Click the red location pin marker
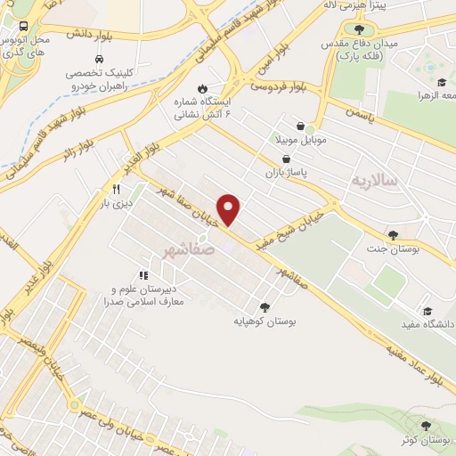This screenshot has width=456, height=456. pos(230,209)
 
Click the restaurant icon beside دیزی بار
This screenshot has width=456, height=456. pos(115,189)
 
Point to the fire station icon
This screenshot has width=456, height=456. pos(203,88)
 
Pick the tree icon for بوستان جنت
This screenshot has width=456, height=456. pos(393,235)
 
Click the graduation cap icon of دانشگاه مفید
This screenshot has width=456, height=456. pos(427,311)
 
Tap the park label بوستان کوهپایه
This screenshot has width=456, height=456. pos(264,320)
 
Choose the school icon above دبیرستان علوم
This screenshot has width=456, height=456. pos(143,277)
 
